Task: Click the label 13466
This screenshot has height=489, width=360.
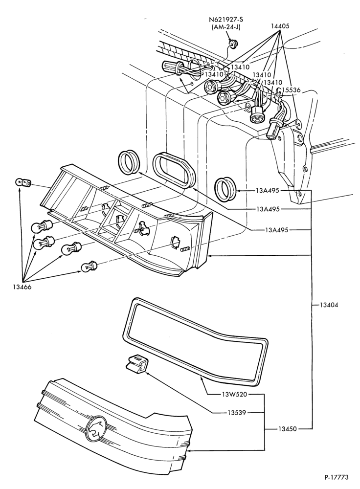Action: click(22, 287)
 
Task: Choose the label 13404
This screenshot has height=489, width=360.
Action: click(329, 305)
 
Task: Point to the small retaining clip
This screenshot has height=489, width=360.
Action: click(136, 364)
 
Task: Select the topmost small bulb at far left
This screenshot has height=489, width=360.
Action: click(22, 182)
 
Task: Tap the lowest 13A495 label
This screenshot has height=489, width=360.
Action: click(276, 230)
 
